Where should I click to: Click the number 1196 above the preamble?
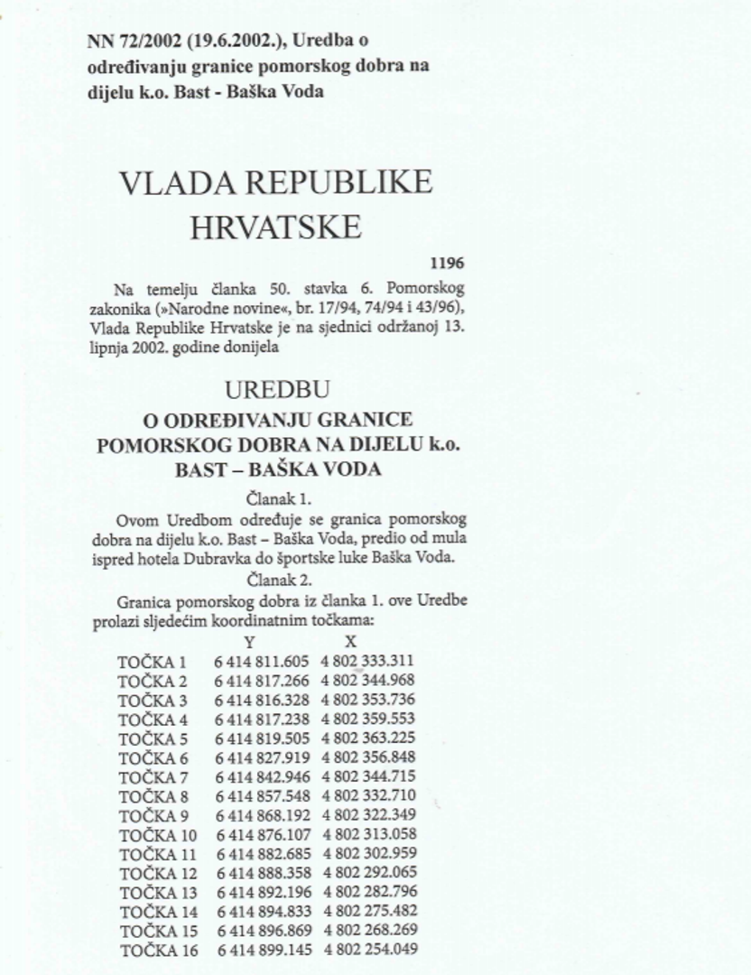pyautogui.click(x=447, y=264)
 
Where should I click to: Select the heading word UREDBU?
pyautogui.click(x=278, y=390)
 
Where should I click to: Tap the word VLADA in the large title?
pyautogui.click(x=172, y=182)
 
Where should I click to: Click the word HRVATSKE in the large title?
pyautogui.click(x=275, y=227)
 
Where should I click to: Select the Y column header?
pyautogui.click(x=250, y=642)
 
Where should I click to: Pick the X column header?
pyautogui.click(x=351, y=642)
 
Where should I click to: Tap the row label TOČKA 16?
pyautogui.click(x=157, y=950)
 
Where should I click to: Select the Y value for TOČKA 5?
pyautogui.click(x=262, y=738)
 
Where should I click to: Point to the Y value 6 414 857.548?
pyautogui.click(x=262, y=796)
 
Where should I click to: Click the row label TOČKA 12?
pyautogui.click(x=157, y=873)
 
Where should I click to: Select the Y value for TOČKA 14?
pyautogui.click(x=262, y=912)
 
